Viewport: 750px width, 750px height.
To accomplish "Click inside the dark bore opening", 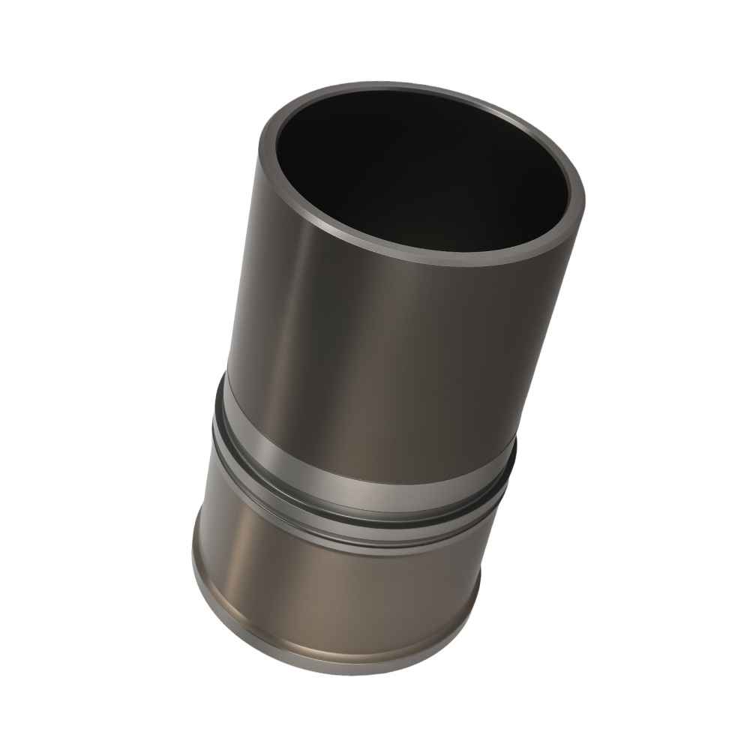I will pyautogui.click(x=420, y=172).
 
